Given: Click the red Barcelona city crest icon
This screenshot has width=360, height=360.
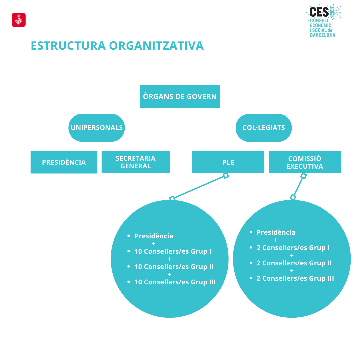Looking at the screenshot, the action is point(19,20).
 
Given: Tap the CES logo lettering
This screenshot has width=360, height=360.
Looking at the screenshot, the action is point(319,12).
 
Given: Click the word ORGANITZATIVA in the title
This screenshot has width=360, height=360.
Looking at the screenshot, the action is point(156,45).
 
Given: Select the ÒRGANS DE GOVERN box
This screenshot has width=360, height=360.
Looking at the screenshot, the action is point(180,96).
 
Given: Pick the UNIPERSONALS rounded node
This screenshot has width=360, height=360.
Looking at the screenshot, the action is point(97,128).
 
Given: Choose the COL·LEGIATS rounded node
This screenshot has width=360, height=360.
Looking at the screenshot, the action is point(264,128).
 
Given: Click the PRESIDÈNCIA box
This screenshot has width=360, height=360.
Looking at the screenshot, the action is point(64,162).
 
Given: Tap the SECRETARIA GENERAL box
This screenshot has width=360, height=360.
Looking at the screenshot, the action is point(136,162).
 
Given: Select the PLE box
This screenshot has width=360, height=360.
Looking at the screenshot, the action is point(228,162).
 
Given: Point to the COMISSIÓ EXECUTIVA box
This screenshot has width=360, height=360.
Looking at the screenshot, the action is point(305,162).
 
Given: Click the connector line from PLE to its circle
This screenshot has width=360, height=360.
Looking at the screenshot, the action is point(199,187).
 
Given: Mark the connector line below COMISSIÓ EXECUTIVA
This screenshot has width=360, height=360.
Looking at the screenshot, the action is point(298,187).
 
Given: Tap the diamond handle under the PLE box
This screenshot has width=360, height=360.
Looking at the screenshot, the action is point(226,176).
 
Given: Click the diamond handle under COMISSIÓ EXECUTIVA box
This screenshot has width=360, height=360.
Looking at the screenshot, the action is point(304,176).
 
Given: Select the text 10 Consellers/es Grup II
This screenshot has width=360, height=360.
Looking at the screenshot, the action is point(174,267).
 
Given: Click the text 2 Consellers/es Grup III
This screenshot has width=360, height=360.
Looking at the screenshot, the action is point(295,278).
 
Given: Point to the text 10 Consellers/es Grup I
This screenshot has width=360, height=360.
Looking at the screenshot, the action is point(173,251).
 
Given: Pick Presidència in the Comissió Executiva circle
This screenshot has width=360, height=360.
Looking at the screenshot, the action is point(276,232).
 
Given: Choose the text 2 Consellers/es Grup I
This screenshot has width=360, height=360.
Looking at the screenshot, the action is point(293,248).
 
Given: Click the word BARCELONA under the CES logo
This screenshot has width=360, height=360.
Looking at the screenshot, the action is point(323,35).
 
